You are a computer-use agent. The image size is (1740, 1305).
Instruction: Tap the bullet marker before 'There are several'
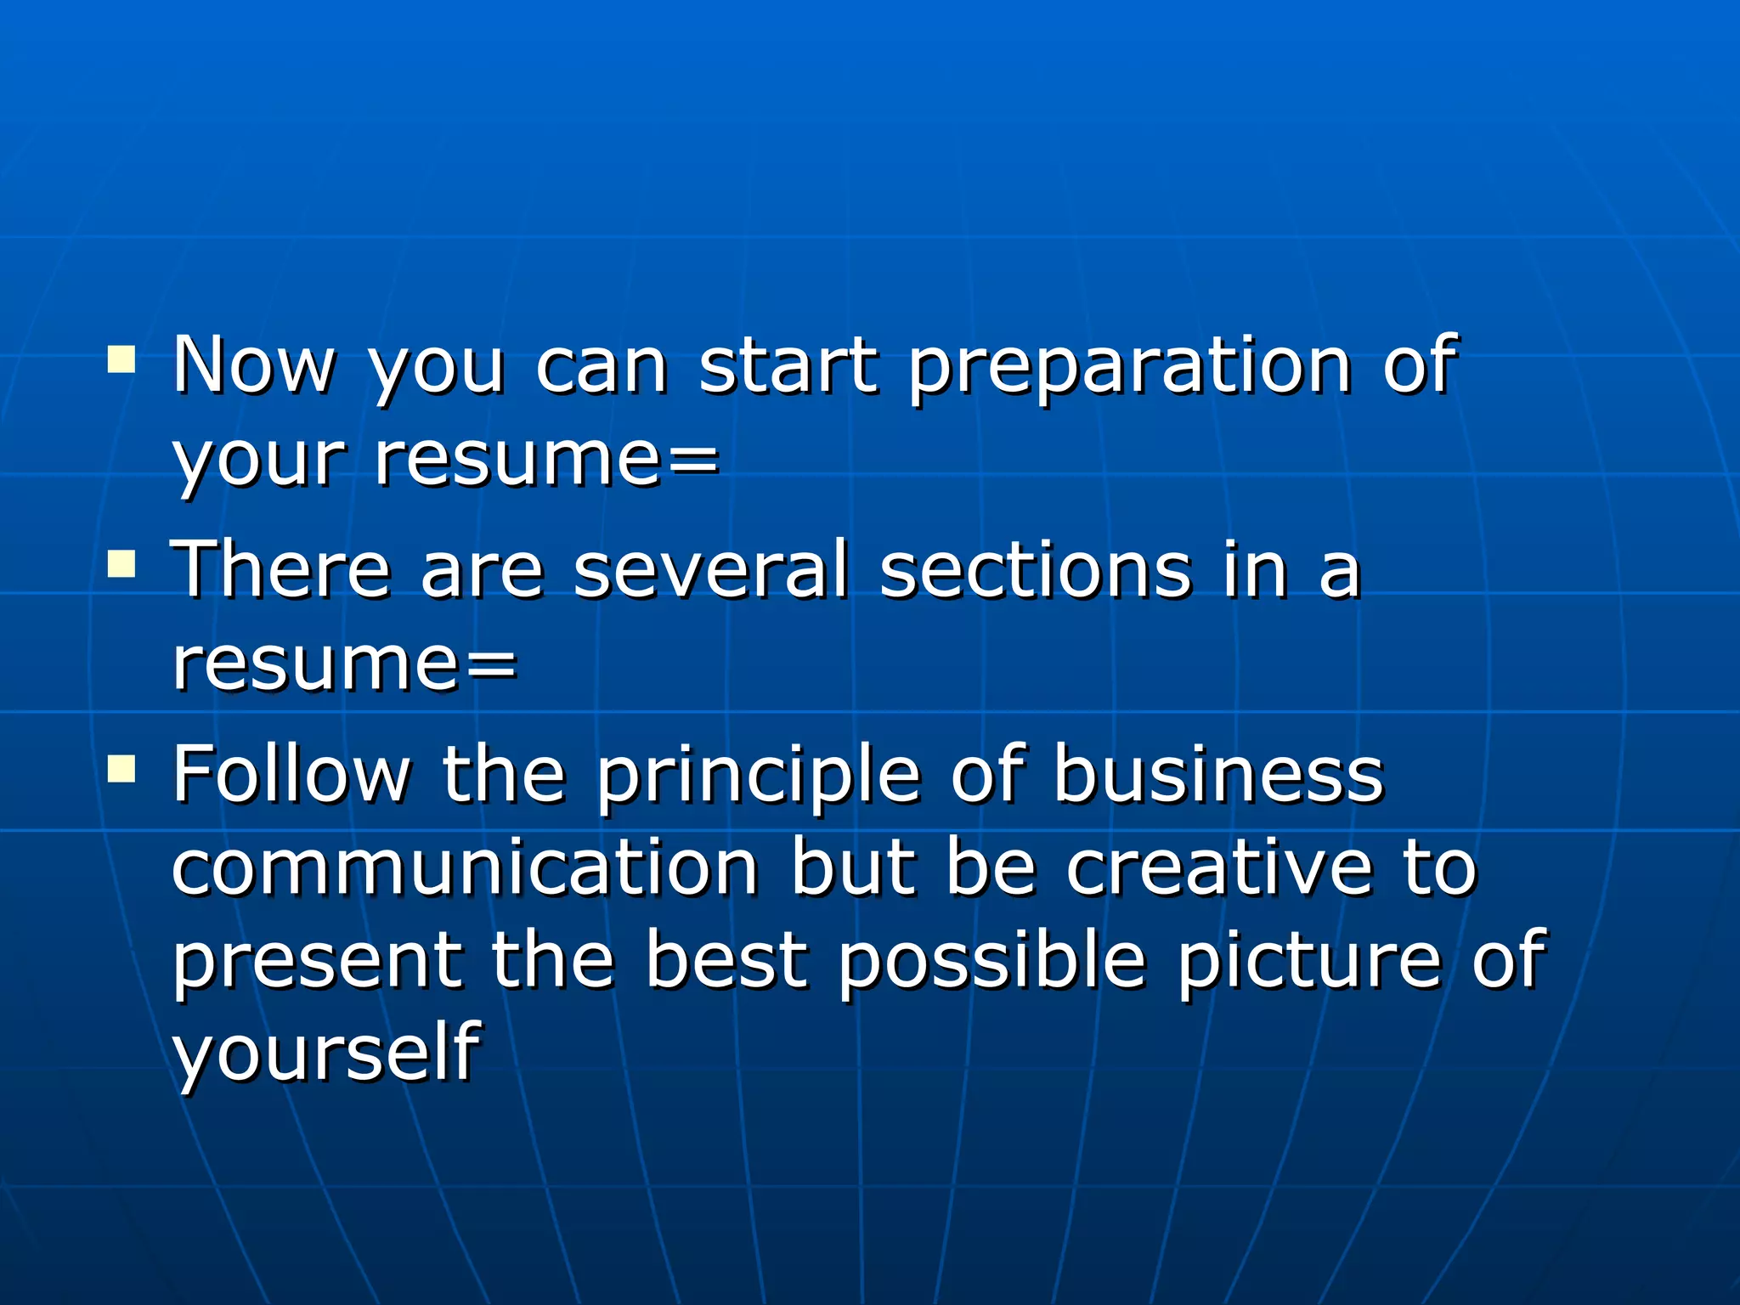pyautogui.click(x=121, y=563)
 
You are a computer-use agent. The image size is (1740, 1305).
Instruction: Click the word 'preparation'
pyautogui.click(x=1130, y=367)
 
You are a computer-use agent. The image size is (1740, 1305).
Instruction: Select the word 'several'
pyautogui.click(x=711, y=569)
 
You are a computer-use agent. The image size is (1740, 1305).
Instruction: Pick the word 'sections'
pyautogui.click(x=1036, y=569)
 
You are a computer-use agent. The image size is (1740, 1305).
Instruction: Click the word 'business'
pyautogui.click(x=1218, y=774)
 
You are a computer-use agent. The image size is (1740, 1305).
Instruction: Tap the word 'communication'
pyautogui.click(x=465, y=867)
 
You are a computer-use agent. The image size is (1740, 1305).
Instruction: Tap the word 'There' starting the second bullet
pyautogui.click(x=281, y=569)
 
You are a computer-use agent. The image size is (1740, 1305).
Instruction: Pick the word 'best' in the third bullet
pyautogui.click(x=726, y=961)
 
